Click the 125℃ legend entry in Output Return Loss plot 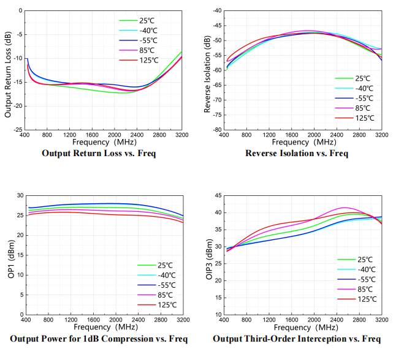(x=147, y=60)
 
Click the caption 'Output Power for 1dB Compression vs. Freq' (x=99, y=339)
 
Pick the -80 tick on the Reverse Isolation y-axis (x=217, y=130)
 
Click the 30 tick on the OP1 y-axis (x=20, y=195)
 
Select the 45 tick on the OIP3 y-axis (x=217, y=195)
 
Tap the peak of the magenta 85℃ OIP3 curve (x=344, y=208)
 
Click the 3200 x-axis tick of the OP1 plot (x=182, y=320)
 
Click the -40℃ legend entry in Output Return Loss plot (x=147, y=31)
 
